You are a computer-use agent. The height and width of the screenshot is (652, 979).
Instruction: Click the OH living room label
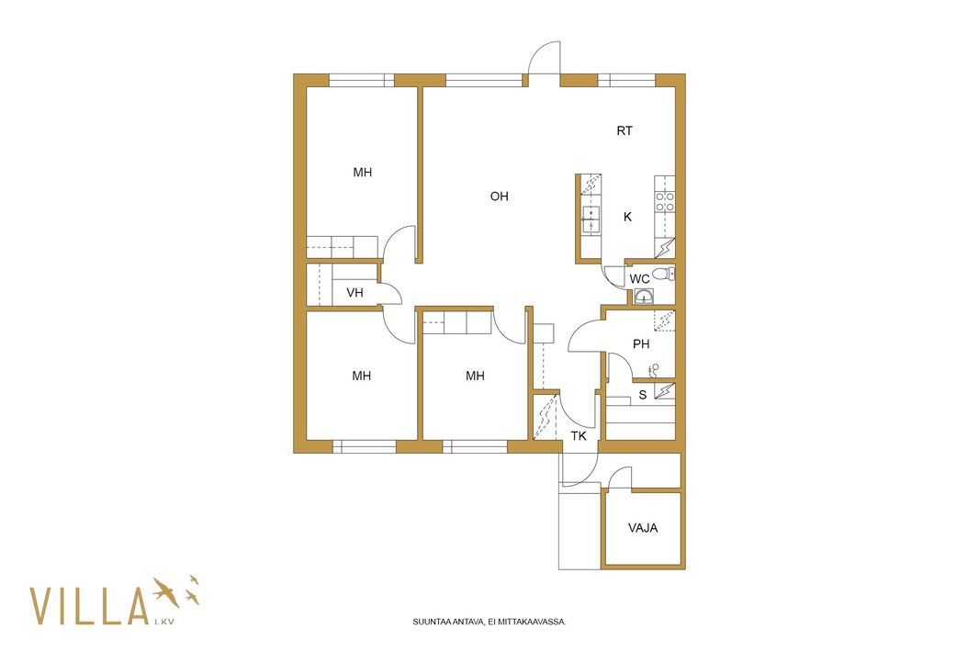pyautogui.click(x=499, y=197)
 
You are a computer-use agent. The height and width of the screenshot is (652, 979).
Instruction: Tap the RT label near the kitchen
pyautogui.click(x=625, y=130)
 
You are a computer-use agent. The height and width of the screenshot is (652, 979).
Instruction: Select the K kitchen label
pyautogui.click(x=627, y=217)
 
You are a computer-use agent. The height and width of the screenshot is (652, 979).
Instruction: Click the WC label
pyautogui.click(x=639, y=279)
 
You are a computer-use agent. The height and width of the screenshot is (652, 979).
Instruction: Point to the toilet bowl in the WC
pyautogui.click(x=662, y=274)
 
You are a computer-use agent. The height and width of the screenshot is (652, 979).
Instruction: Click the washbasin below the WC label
pyautogui.click(x=643, y=297)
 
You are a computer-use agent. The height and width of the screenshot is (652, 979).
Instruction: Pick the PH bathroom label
pyautogui.click(x=641, y=344)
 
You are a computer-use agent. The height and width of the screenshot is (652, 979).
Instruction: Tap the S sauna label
pyautogui.click(x=643, y=395)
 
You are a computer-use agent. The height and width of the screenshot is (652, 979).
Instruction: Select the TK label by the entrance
pyautogui.click(x=579, y=436)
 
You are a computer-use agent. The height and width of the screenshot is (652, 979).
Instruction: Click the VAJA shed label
pyautogui.click(x=643, y=528)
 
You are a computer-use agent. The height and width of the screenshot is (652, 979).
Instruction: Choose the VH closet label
pyautogui.click(x=354, y=292)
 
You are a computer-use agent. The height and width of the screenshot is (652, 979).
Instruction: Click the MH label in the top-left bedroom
pyautogui.click(x=362, y=172)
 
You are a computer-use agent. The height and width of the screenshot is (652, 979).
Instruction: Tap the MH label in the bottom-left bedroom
pyautogui.click(x=362, y=376)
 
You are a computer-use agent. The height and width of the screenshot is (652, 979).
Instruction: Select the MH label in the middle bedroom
pyautogui.click(x=475, y=376)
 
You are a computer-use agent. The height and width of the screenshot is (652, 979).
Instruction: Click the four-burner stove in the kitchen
pyautogui.click(x=664, y=201)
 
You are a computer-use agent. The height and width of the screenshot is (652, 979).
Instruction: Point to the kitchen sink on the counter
pyautogui.click(x=591, y=219)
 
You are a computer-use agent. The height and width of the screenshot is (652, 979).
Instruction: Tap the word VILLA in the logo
pyautogui.click(x=89, y=606)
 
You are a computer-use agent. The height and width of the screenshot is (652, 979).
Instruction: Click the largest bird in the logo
pyautogui.click(x=165, y=590)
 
